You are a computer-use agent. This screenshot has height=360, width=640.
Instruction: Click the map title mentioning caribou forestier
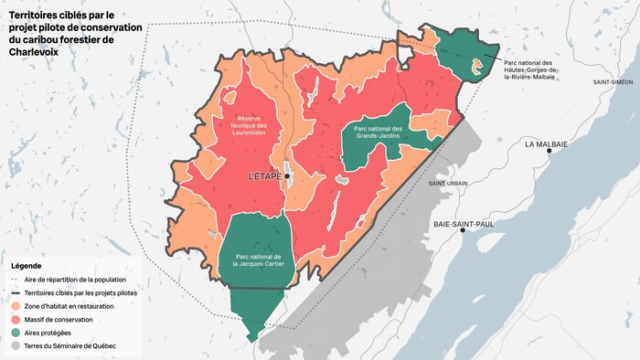click(x=75, y=34)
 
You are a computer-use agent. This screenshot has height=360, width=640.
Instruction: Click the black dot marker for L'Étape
click(x=287, y=175)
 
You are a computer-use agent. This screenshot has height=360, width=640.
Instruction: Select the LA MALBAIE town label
click(x=546, y=144)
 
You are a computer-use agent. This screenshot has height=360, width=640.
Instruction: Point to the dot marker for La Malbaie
click(x=549, y=153)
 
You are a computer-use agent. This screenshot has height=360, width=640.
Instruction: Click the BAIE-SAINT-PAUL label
click(x=464, y=223)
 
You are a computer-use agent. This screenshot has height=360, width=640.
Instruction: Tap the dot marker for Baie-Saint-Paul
click(x=463, y=231)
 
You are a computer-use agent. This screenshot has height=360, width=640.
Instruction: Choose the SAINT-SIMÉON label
click(x=613, y=82)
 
